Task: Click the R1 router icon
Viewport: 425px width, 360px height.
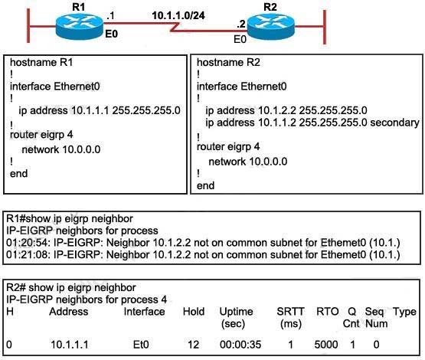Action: point(80,26)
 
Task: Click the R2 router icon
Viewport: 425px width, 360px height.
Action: point(271,26)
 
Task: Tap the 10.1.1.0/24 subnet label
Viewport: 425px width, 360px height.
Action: point(178,15)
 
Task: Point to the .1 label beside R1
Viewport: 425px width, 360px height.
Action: point(110,16)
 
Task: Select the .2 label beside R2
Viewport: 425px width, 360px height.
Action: point(241,24)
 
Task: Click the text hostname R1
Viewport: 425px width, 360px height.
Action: point(41,62)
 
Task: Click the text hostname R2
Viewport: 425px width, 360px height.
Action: point(228,62)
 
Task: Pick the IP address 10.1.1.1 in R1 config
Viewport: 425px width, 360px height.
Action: point(90,110)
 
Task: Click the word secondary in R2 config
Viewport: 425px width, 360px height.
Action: point(394,123)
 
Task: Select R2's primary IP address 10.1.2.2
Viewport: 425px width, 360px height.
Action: point(276,110)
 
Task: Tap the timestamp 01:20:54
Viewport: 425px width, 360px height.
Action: point(28,243)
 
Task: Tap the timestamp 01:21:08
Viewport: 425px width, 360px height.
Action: point(28,255)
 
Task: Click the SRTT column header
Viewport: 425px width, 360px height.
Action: point(290,312)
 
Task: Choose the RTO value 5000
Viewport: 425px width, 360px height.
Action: point(326,345)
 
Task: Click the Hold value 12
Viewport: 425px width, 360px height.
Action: point(194,345)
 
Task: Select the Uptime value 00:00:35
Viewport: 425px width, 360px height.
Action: point(240,345)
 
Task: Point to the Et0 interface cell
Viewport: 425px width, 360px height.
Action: point(141,345)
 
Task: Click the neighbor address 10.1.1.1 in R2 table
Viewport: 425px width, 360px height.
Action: point(70,345)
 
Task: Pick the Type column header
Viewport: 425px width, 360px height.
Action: point(404,312)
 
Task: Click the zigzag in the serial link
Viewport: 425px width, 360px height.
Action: point(175,27)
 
